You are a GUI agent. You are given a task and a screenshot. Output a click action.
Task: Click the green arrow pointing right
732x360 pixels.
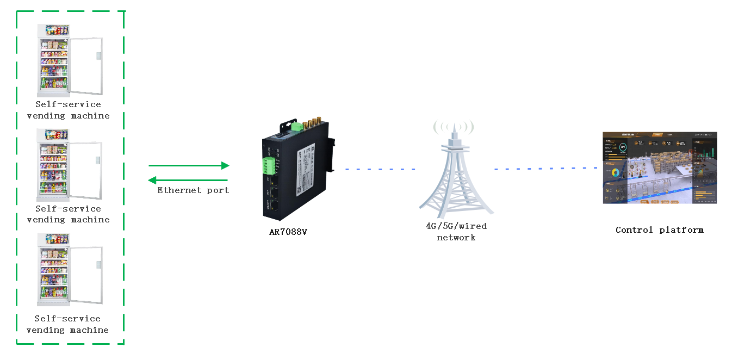(x=189, y=165)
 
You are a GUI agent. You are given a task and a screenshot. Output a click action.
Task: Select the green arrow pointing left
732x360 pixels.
(x=189, y=180)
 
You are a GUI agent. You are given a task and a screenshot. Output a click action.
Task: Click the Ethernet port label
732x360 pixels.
(x=193, y=190)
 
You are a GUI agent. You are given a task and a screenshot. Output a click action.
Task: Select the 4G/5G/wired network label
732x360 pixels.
(x=456, y=232)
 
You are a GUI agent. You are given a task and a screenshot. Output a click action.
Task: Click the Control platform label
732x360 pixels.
(x=659, y=230)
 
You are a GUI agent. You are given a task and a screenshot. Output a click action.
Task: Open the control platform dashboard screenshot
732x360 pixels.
(x=660, y=167)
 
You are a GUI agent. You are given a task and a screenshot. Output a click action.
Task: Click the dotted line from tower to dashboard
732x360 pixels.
(x=545, y=169)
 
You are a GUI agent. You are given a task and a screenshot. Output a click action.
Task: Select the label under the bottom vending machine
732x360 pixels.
(x=67, y=324)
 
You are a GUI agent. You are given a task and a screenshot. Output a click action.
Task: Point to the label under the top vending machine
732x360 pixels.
(x=68, y=110)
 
